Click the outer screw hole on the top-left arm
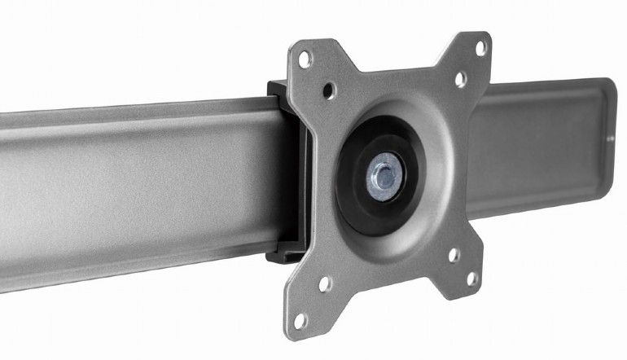click(305, 58)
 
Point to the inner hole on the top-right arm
click(460, 79)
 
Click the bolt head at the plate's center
click(384, 173)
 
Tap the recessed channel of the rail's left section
click(122, 187)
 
